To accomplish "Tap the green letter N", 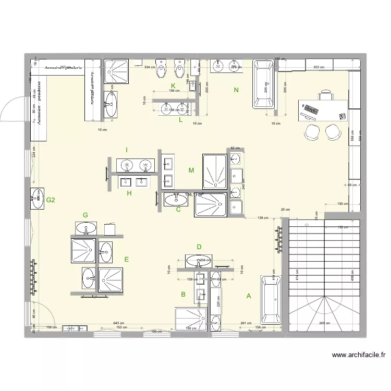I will pos(236,91).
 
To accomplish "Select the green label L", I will pos(180,120).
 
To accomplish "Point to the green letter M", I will pos(191,170).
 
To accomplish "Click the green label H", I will pos(129,193).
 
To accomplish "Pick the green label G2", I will pos(51,200).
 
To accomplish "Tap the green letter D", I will pos(199,247).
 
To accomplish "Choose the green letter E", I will pos(126,259).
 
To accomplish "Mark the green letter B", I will pos(183,295).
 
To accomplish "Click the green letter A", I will pos(249,296).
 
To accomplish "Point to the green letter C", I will pos(178,210).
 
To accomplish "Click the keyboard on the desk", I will pos(311,110).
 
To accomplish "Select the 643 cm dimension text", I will pos(119,323).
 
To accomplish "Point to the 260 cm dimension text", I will pos(324,323).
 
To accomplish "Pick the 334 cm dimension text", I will pos(150,67).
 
